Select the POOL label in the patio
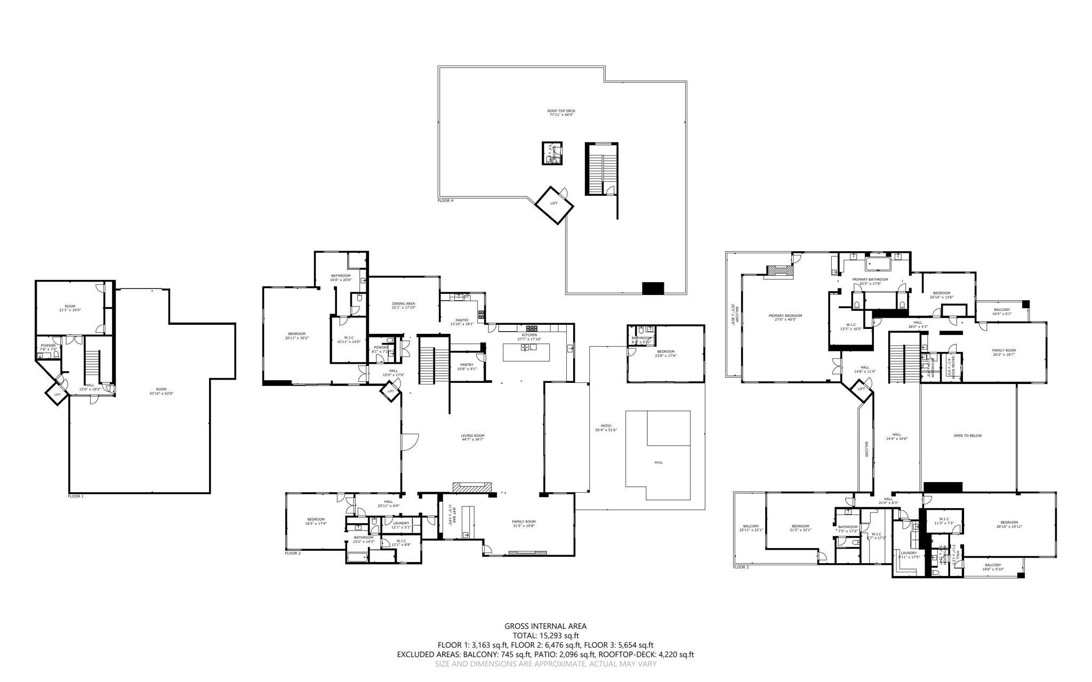[x=659, y=462]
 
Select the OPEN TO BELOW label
[x=967, y=436]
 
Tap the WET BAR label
[x=450, y=516]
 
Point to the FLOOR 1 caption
[x=76, y=496]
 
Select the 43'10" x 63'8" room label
[x=161, y=391]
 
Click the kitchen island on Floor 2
[x=526, y=352]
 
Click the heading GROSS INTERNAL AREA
[x=545, y=626]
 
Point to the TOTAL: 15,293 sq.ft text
[x=545, y=636]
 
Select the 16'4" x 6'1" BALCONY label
[x=1001, y=311]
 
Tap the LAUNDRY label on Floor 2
[x=400, y=525]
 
